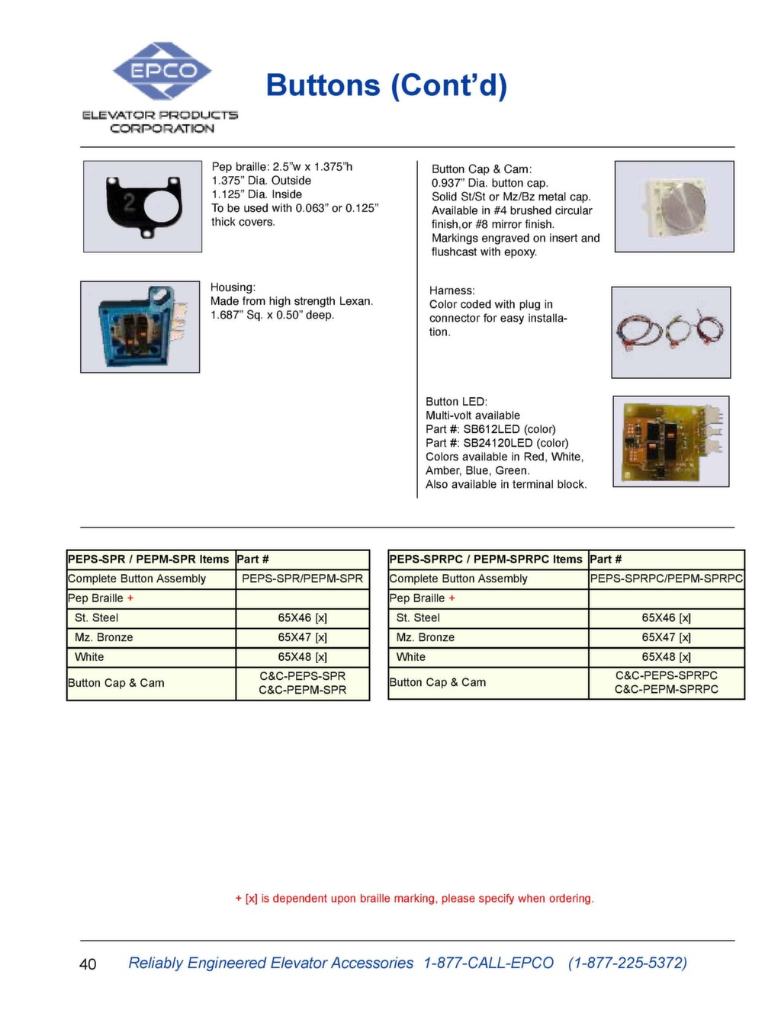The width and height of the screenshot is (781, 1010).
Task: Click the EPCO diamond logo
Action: pos(162,71)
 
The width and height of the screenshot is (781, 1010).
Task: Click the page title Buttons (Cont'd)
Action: pos(386,85)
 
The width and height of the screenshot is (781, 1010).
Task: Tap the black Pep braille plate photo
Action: pos(143,206)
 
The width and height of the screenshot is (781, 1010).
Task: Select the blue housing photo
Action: pos(140,326)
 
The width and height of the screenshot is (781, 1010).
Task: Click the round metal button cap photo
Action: pos(674,206)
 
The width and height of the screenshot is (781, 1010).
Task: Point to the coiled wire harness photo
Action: pos(670,332)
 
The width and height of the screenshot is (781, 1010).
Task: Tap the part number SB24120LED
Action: pos(498,443)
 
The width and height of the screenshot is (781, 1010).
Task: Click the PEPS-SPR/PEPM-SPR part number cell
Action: pos(302,579)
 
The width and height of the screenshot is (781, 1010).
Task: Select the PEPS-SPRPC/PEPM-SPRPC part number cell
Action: pos(666,579)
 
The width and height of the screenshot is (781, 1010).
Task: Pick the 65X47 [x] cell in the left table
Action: pos(302,637)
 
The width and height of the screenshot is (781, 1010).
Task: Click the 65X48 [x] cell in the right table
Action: pos(666,656)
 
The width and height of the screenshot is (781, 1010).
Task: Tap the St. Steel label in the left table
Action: pos(96,617)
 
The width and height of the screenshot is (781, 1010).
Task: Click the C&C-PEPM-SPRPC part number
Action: pos(666,689)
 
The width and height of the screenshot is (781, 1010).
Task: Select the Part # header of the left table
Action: pos(252,559)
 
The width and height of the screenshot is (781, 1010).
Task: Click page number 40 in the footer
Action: pos(88,964)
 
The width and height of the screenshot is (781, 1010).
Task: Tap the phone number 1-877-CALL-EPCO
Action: pos(488,963)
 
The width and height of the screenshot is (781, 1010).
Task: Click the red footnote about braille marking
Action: pos(414,899)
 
